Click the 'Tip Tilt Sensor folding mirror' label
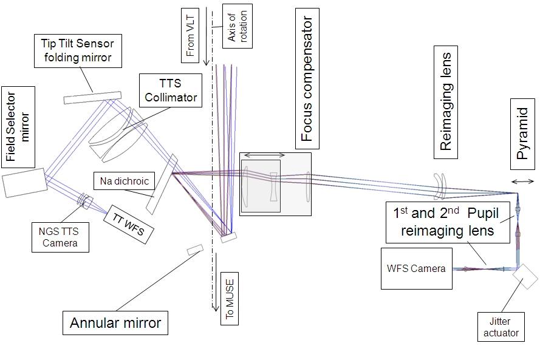pyautogui.click(x=77, y=50)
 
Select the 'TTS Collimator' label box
pyautogui.click(x=168, y=89)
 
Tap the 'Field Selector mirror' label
pyautogui.click(x=18, y=126)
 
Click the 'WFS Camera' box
pyautogui.click(x=417, y=268)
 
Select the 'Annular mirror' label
pyautogui.click(x=115, y=322)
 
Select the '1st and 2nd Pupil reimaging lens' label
pyautogui.click(x=448, y=222)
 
